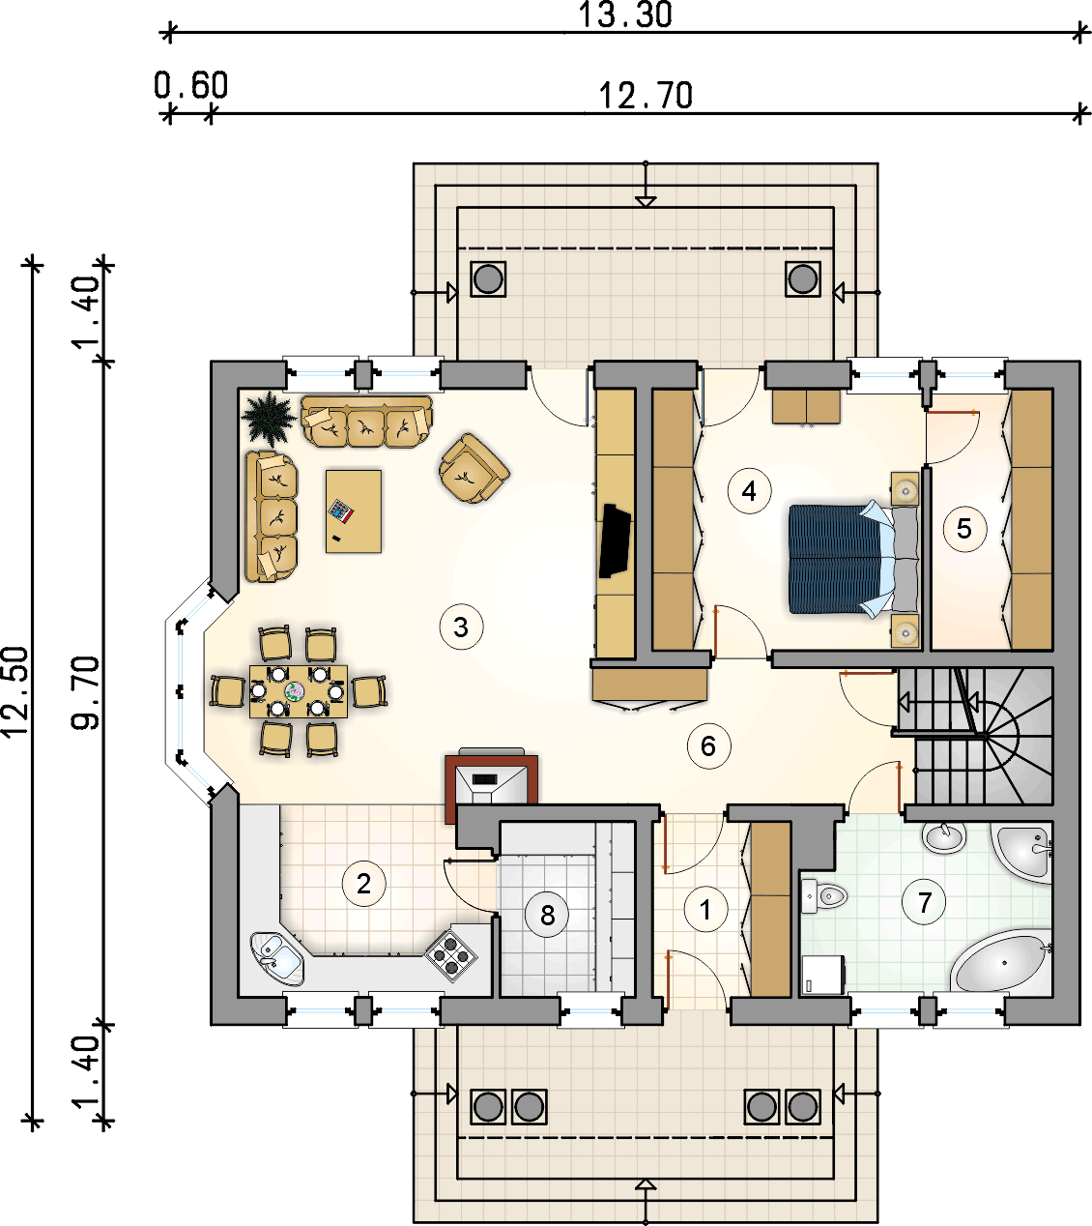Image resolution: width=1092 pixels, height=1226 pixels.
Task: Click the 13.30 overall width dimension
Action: pyautogui.click(x=624, y=15)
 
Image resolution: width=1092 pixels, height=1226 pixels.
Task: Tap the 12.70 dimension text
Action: pyautogui.click(x=646, y=96)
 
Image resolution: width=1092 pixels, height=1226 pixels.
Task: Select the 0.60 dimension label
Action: pyautogui.click(x=191, y=85)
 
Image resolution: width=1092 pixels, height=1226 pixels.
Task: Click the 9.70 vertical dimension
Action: pyautogui.click(x=87, y=691)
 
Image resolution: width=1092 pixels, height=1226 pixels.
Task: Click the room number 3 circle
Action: pyautogui.click(x=461, y=627)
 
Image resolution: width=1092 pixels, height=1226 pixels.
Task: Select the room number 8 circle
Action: pyautogui.click(x=548, y=914)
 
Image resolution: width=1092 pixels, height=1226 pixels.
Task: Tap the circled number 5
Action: pyautogui.click(x=963, y=528)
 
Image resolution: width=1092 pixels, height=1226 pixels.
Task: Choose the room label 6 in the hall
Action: pyautogui.click(x=708, y=745)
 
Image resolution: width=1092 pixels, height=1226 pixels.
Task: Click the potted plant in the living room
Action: pyautogui.click(x=268, y=419)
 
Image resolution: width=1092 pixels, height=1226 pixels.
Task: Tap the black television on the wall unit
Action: pyautogui.click(x=615, y=540)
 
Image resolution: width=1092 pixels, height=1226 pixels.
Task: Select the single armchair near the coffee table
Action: pyautogui.click(x=473, y=469)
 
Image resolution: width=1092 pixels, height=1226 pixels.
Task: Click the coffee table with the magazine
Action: pyautogui.click(x=354, y=511)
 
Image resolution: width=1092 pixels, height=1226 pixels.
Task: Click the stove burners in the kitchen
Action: pyautogui.click(x=451, y=954)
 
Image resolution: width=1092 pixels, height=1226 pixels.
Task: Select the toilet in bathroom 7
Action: pyautogui.click(x=824, y=896)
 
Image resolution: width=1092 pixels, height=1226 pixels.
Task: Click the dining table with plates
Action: pyautogui.click(x=298, y=690)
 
